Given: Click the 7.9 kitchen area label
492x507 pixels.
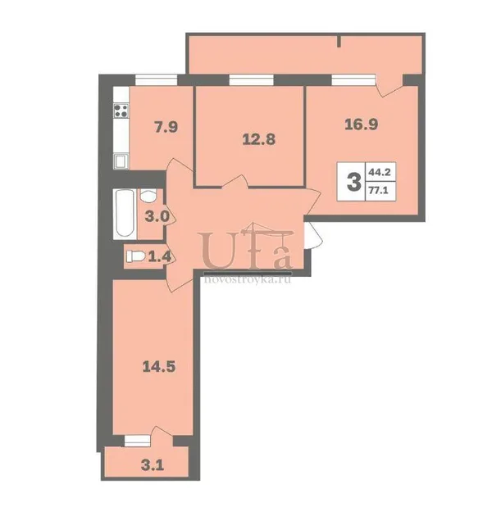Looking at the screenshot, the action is click(x=166, y=127).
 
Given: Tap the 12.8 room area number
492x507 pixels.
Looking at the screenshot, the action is click(x=259, y=140).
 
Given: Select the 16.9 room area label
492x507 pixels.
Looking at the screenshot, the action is click(x=362, y=124).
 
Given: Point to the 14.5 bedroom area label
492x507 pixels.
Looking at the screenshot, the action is click(x=159, y=367).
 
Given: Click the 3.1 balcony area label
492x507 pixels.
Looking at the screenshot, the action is click(x=153, y=465).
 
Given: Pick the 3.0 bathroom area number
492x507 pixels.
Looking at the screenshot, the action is click(x=157, y=216).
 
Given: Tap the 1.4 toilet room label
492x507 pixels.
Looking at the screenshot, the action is click(x=159, y=257).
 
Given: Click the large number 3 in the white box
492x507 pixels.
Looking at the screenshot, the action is click(x=353, y=182).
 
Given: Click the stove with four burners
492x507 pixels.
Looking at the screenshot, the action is click(x=121, y=111).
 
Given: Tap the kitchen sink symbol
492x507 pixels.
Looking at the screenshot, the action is click(x=121, y=161).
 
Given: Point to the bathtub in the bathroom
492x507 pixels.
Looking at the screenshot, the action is click(x=125, y=214).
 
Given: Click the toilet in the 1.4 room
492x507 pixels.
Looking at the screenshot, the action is click(x=135, y=256).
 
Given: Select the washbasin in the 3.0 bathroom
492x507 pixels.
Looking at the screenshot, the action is click(x=148, y=195).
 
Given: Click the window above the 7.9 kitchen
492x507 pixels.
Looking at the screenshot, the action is click(x=156, y=79).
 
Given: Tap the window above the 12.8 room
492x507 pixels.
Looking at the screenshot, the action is click(x=251, y=79).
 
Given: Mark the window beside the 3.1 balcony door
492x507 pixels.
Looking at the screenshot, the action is click(x=137, y=441).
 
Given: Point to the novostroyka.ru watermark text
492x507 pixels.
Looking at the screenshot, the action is click(x=248, y=279).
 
